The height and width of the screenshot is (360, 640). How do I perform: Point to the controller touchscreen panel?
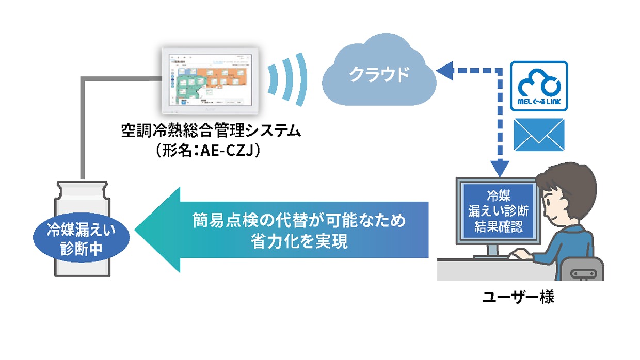211,79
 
